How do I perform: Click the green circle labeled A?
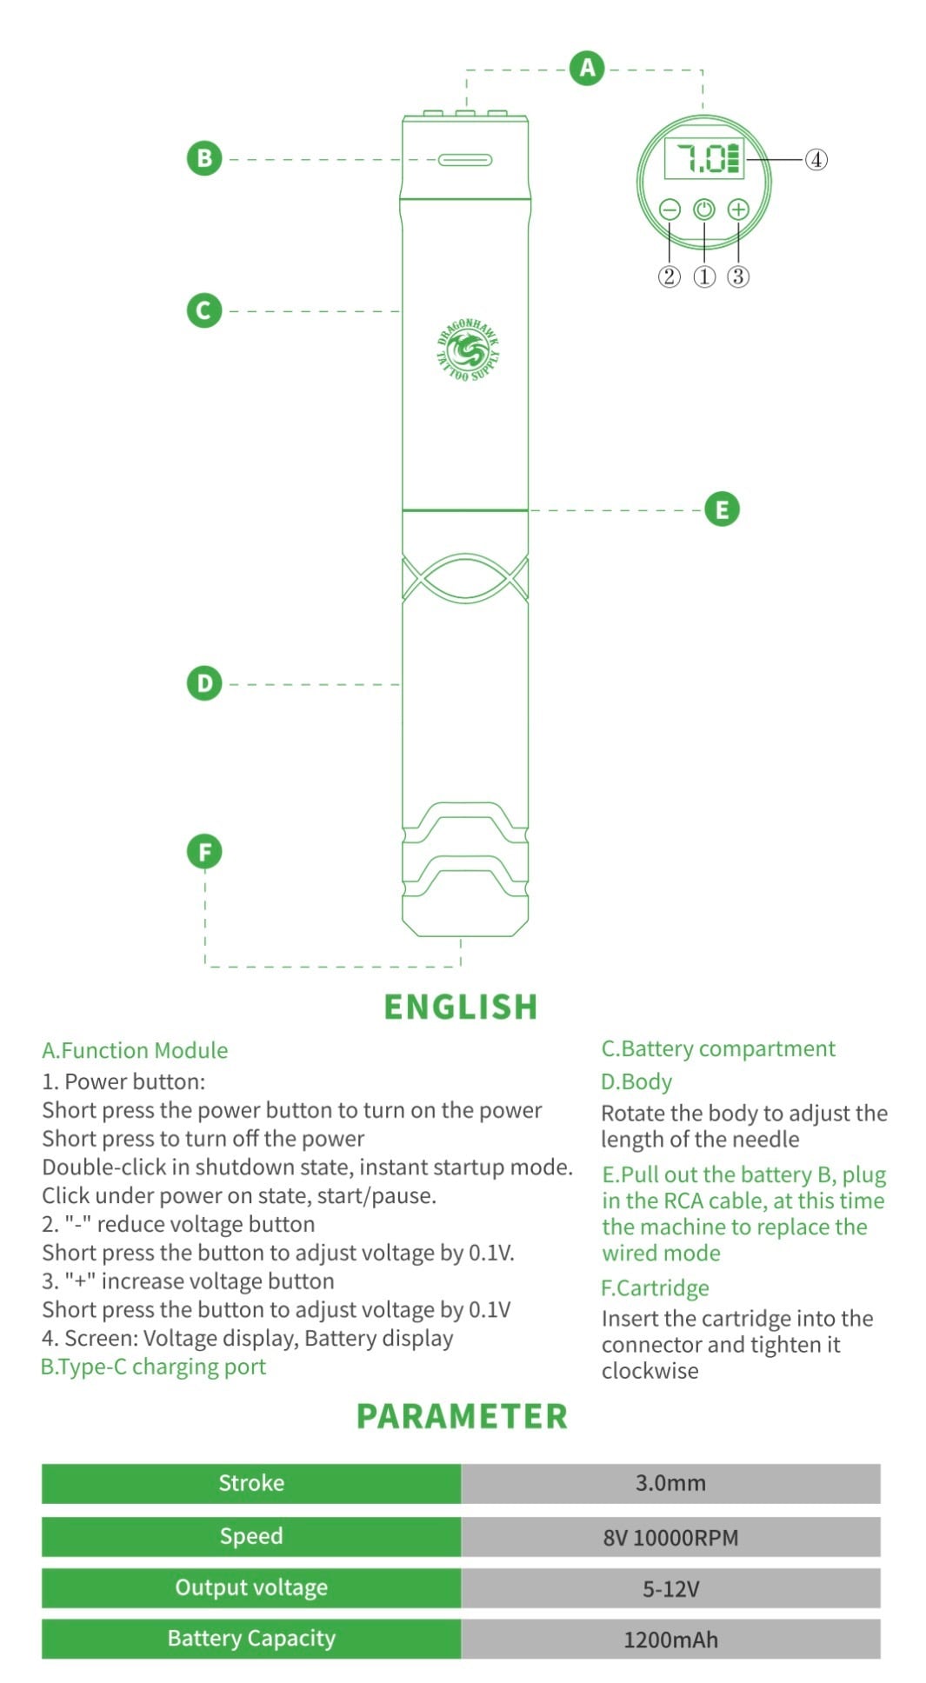click(x=587, y=68)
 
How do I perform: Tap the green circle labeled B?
click(x=204, y=158)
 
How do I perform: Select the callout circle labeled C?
click(x=204, y=310)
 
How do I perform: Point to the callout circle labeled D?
click(x=204, y=683)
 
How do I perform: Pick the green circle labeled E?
click(x=722, y=509)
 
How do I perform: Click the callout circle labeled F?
click(x=204, y=852)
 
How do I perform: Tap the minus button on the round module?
click(x=669, y=210)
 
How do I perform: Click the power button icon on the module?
click(x=703, y=210)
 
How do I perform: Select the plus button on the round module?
click(x=738, y=210)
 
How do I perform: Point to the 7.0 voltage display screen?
click(x=704, y=158)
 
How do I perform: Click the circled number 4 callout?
click(x=816, y=159)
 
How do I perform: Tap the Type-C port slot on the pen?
click(x=465, y=160)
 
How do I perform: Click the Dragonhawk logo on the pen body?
click(x=468, y=350)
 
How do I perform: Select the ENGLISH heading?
click(x=461, y=1007)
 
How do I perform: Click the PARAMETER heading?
click(x=462, y=1416)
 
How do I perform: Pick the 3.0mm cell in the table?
click(x=670, y=1483)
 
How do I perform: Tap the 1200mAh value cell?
click(x=670, y=1640)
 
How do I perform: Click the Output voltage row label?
click(x=251, y=1587)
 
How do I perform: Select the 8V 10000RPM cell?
click(x=670, y=1537)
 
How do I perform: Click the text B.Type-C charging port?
click(x=153, y=1367)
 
